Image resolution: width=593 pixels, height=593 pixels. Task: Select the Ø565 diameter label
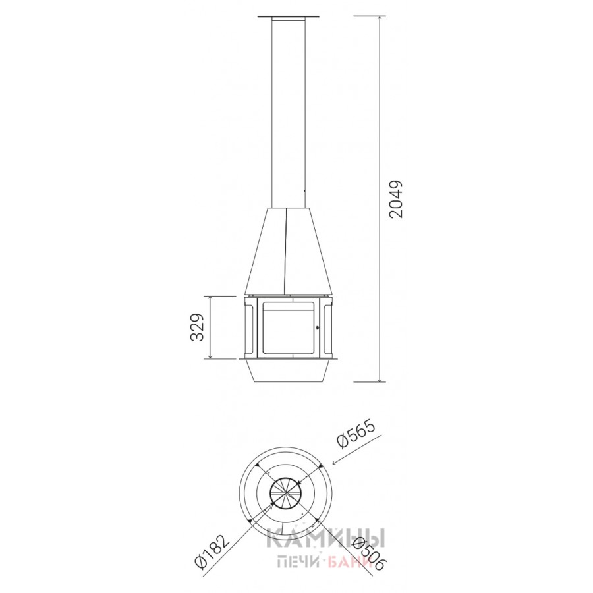pyautogui.click(x=356, y=434)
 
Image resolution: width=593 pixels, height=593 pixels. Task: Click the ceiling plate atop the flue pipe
pyautogui.click(x=288, y=16)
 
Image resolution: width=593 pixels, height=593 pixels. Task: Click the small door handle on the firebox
pyautogui.click(x=317, y=327)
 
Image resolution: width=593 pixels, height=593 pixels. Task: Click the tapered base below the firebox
pyautogui.click(x=288, y=370)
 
